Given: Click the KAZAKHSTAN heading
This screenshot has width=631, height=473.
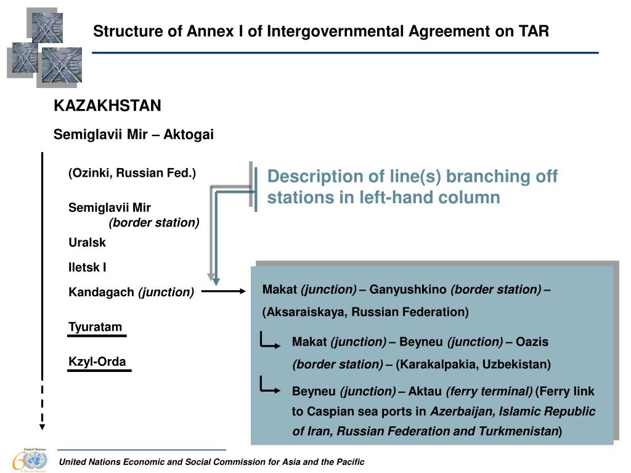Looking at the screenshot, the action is pyautogui.click(x=107, y=106).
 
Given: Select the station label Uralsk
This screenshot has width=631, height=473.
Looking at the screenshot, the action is pyautogui.click(x=87, y=243).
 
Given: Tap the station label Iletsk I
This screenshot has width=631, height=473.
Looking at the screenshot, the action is pyautogui.click(x=88, y=267).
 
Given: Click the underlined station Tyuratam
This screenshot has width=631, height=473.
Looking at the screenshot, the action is pyautogui.click(x=95, y=327).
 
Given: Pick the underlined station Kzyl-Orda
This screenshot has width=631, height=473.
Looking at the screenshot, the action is pyautogui.click(x=97, y=362).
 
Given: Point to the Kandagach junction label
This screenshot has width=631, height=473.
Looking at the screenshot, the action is pyautogui.click(x=131, y=293).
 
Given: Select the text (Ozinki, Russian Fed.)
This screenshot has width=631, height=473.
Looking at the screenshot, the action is pyautogui.click(x=132, y=173).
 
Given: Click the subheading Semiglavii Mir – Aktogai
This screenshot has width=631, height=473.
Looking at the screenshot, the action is pyautogui.click(x=134, y=134).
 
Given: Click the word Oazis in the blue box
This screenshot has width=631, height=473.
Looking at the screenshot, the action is pyautogui.click(x=532, y=341).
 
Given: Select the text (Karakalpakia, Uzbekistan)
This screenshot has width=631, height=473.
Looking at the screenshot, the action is pyautogui.click(x=473, y=364).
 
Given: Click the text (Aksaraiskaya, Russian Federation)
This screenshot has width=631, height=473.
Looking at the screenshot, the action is pyautogui.click(x=365, y=312).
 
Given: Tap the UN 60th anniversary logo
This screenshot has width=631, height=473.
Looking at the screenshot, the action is pyautogui.click(x=30, y=459).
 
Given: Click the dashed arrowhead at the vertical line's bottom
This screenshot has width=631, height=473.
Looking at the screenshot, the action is pyautogui.click(x=42, y=426).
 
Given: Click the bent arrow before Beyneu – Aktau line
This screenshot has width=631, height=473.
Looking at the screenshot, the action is pyautogui.click(x=269, y=386).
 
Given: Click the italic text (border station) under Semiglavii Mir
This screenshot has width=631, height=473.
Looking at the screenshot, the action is pyautogui.click(x=154, y=222).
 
